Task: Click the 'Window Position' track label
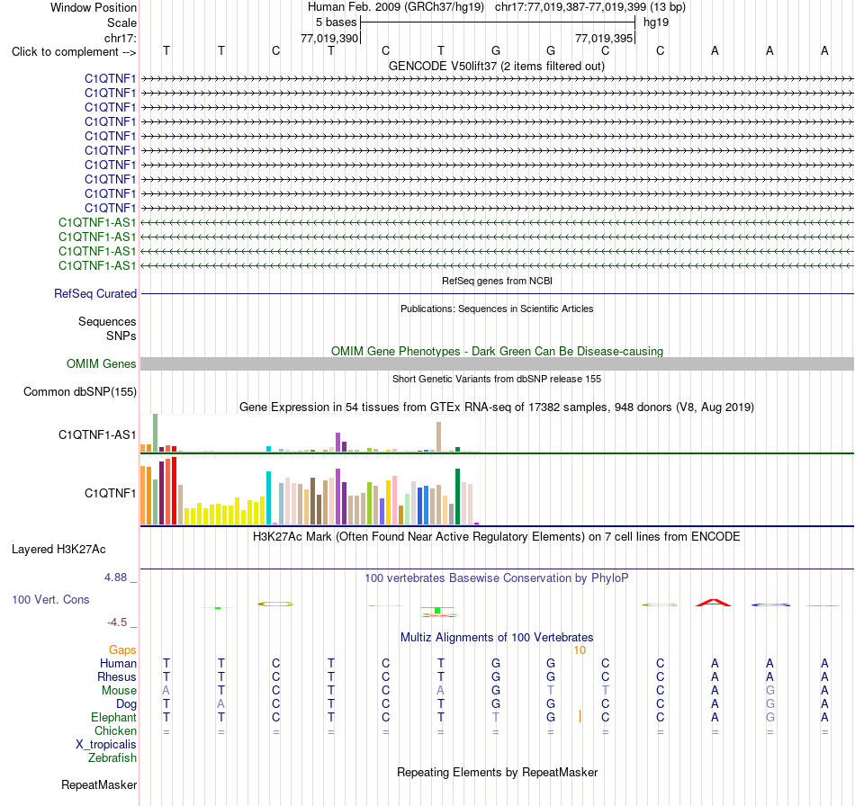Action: pyautogui.click(x=94, y=7)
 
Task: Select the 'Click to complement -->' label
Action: pyautogui.click(x=74, y=52)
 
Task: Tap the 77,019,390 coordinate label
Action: pyautogui.click(x=329, y=38)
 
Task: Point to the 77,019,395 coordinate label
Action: pyautogui.click(x=604, y=38)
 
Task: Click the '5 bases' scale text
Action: pyautogui.click(x=336, y=22)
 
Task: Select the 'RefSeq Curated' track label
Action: pyautogui.click(x=95, y=294)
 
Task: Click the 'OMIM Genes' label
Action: pyautogui.click(x=102, y=364)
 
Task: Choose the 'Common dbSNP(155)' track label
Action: pyautogui.click(x=80, y=392)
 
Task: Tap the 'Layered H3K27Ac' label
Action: pyautogui.click(x=58, y=550)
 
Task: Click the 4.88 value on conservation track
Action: pyautogui.click(x=115, y=578)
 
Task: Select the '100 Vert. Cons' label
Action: pyautogui.click(x=50, y=599)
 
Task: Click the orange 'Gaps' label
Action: pyautogui.click(x=122, y=649)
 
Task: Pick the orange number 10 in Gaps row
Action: pyautogui.click(x=580, y=650)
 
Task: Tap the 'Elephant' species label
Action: pyautogui.click(x=114, y=717)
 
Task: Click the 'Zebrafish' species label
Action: pyautogui.click(x=112, y=758)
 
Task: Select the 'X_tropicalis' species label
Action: pyautogui.click(x=106, y=745)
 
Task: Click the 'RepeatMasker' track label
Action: pyautogui.click(x=99, y=784)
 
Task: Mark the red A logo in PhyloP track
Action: pyautogui.click(x=714, y=603)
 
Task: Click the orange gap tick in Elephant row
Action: pyautogui.click(x=580, y=716)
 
